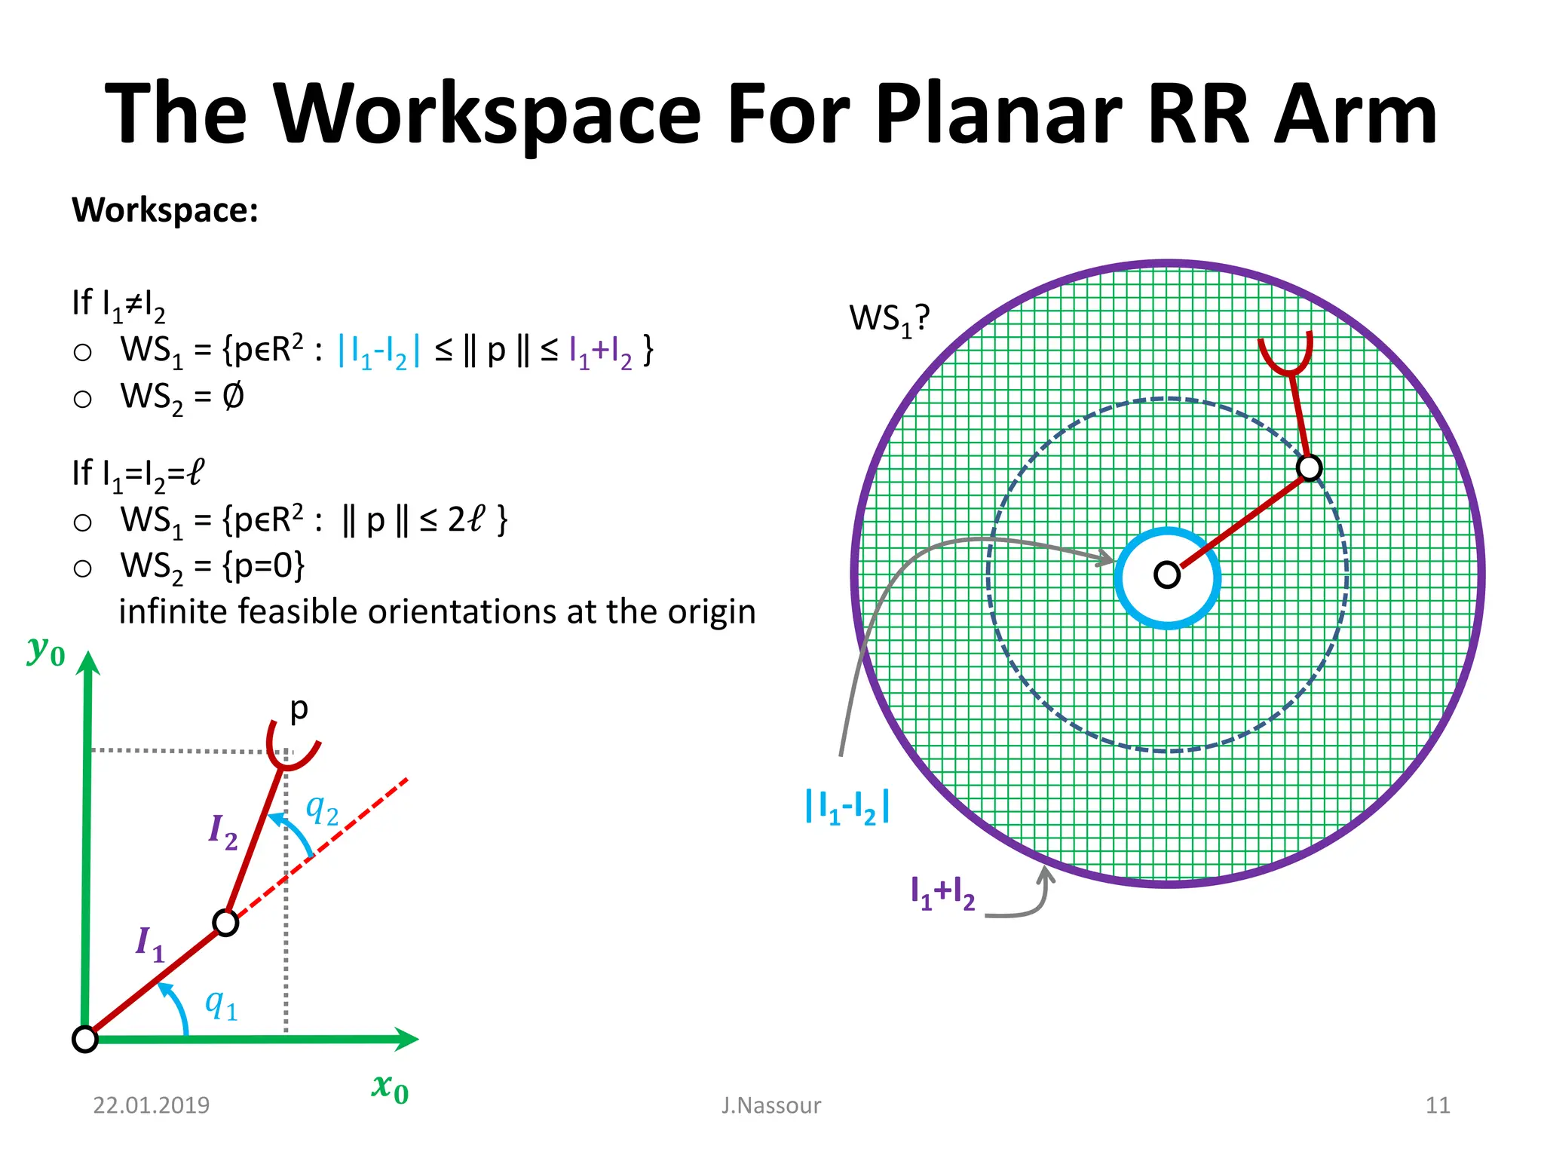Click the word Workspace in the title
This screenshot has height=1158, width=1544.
click(x=489, y=115)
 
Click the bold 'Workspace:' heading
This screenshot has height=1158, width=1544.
click(x=165, y=210)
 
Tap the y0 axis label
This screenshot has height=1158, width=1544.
click(x=46, y=650)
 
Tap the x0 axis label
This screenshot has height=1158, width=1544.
click(x=390, y=1088)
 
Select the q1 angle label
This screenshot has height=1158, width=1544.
click(x=221, y=1004)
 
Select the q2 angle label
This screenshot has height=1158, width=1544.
click(x=321, y=810)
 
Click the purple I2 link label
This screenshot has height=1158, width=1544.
click(x=222, y=831)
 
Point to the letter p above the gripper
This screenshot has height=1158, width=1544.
click(x=299, y=709)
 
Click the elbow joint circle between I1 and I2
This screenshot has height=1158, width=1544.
click(x=225, y=923)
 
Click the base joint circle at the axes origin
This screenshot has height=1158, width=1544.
click(x=85, y=1039)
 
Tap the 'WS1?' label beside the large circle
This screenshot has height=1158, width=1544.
click(x=889, y=319)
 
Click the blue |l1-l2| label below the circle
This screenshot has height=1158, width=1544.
click(x=847, y=807)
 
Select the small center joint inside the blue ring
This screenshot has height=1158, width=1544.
click(x=1166, y=575)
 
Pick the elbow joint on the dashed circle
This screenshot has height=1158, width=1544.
click(x=1310, y=467)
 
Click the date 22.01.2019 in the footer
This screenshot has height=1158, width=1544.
click(x=151, y=1105)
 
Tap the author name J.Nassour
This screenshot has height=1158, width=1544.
click(x=770, y=1105)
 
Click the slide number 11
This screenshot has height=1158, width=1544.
click(x=1438, y=1105)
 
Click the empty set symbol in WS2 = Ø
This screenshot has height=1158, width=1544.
click(x=233, y=396)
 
